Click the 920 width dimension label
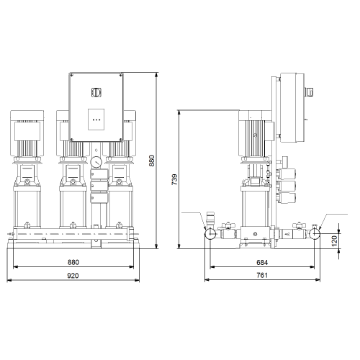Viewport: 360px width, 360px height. pyautogui.click(x=73, y=276)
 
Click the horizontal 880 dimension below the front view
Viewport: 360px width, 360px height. pyautogui.click(x=73, y=262)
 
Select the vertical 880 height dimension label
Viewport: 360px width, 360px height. pyautogui.click(x=152, y=161)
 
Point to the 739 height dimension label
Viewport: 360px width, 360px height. pyautogui.click(x=174, y=179)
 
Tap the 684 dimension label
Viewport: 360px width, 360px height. pyautogui.click(x=262, y=263)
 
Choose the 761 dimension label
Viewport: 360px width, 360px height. pyautogui.click(x=262, y=275)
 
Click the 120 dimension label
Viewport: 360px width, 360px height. pyautogui.click(x=334, y=240)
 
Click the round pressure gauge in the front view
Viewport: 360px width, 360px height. pyautogui.click(x=96, y=162)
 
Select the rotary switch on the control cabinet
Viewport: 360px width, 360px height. pyautogui.click(x=96, y=92)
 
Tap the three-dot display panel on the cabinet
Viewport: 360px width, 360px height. pyautogui.click(x=96, y=120)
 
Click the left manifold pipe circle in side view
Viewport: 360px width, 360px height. pyautogui.click(x=210, y=233)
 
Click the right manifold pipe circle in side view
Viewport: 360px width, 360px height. pyautogui.click(x=314, y=233)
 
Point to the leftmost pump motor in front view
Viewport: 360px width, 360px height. pyautogui.click(x=27, y=132)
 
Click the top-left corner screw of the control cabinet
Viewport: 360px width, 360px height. pyautogui.click(x=72, y=76)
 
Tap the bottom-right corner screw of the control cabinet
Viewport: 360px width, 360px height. pyautogui.click(x=121, y=139)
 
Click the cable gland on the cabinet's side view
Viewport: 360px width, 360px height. pyautogui.click(x=310, y=92)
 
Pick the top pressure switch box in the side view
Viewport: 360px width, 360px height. pyautogui.click(x=286, y=174)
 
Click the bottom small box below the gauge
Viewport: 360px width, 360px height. pyautogui.click(x=99, y=197)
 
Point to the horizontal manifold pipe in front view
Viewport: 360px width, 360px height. pyautogui.click(x=73, y=233)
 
